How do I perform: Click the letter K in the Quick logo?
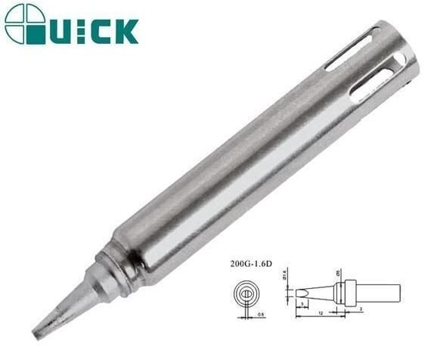tap(126, 31)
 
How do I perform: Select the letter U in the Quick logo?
tap(64, 31)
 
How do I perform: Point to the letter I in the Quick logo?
tap(82, 31)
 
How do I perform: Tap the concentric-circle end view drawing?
tap(246, 294)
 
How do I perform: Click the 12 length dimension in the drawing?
tap(321, 311)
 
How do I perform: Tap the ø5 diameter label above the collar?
tap(337, 273)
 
